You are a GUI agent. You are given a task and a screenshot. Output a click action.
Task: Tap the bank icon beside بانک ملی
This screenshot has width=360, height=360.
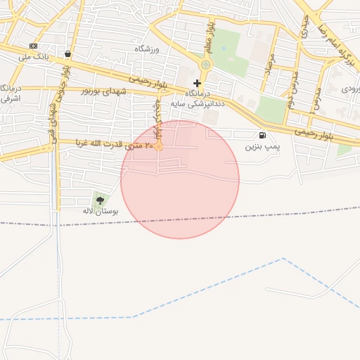click(33, 46)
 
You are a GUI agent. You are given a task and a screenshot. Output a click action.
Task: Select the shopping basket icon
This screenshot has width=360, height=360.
click(67, 53)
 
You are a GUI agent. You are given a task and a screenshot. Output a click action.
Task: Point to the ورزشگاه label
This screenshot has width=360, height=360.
click(148, 49)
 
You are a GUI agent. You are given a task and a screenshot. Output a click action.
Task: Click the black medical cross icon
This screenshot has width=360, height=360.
click(197, 83)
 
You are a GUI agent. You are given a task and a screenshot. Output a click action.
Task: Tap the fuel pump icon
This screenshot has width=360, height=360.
click(262, 135)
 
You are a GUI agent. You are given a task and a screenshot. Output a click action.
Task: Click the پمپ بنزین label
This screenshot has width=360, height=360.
click(262, 146)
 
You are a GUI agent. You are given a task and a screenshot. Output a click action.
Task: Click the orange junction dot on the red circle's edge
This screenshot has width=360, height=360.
click(160, 146)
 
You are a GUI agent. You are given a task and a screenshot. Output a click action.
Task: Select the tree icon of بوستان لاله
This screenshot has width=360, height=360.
click(100, 200)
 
